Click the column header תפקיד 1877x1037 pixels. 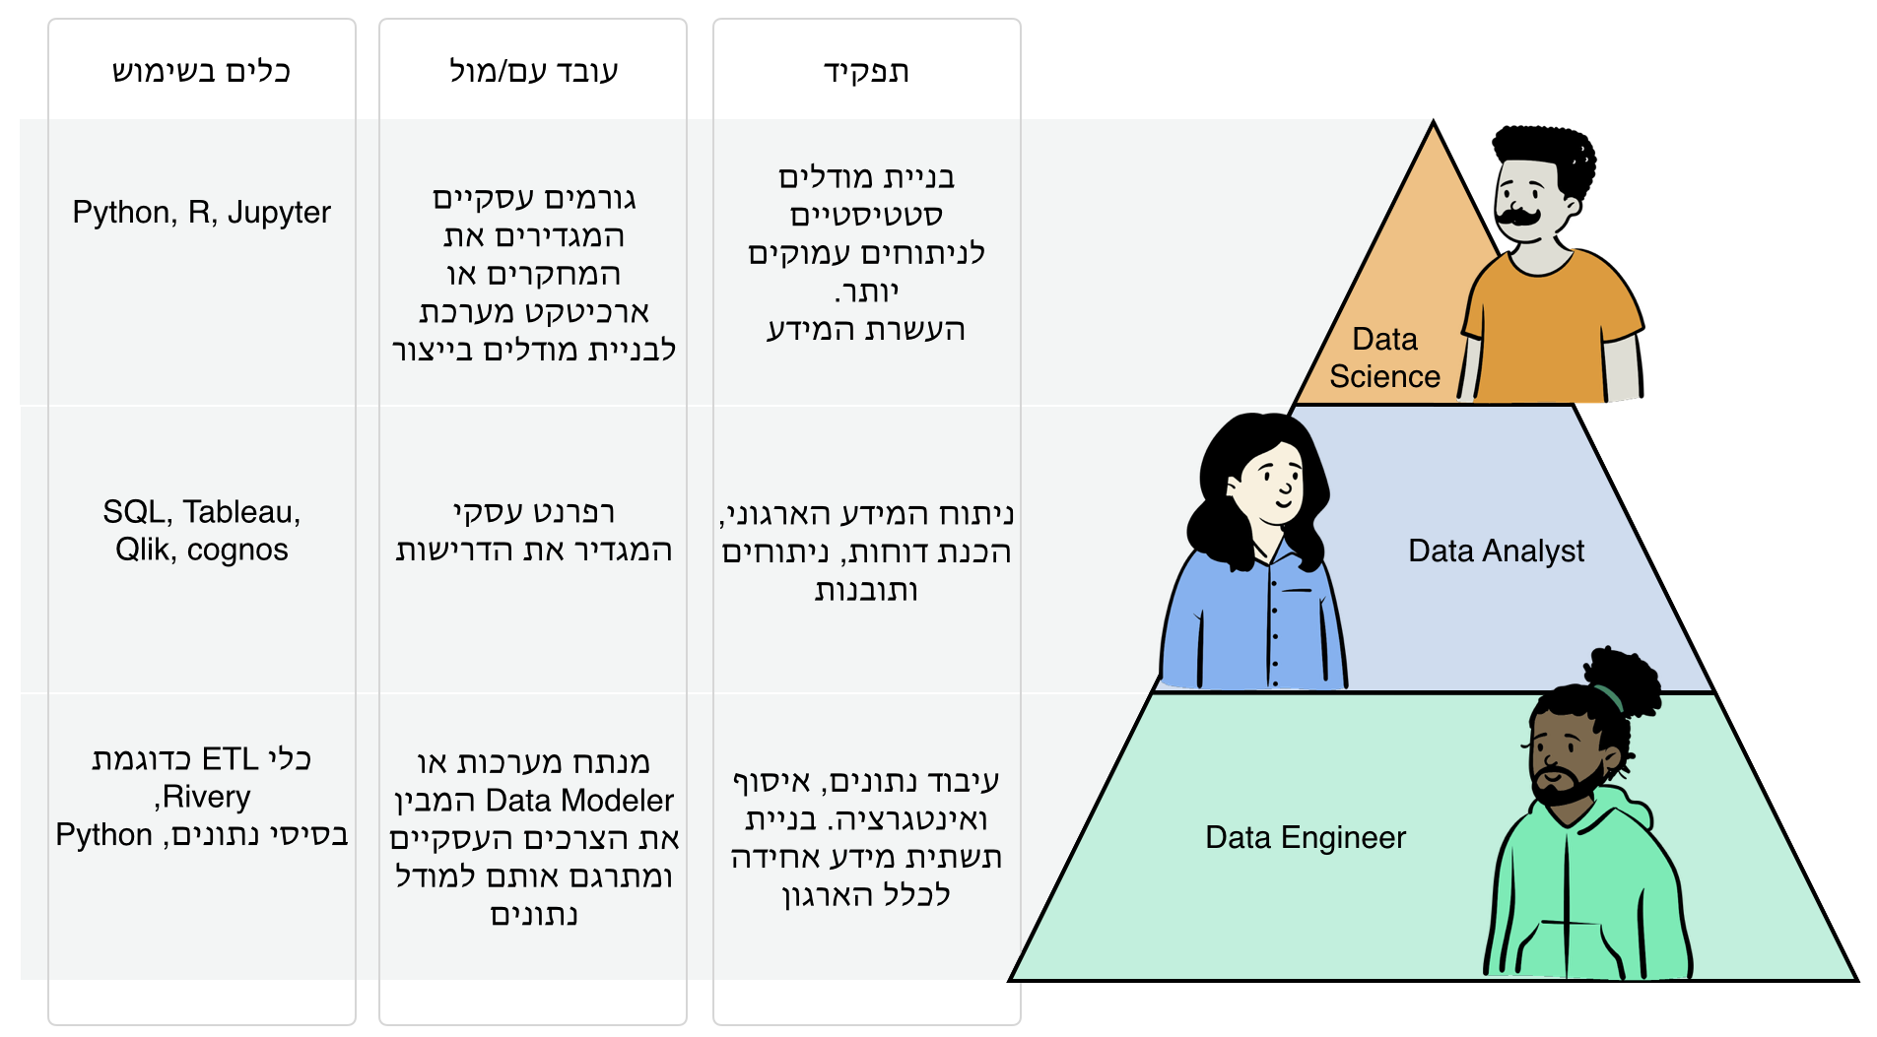point(866,72)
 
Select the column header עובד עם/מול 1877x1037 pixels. point(533,72)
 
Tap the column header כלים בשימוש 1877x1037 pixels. point(201,72)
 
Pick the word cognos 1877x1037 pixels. point(237,550)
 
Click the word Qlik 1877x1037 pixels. point(142,550)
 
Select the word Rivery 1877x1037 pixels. point(206,796)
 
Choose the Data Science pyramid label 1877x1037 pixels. point(1384,357)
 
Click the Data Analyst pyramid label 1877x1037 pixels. point(1496,551)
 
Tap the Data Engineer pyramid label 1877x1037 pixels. point(1305,837)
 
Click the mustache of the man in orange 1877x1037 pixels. point(1518,215)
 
